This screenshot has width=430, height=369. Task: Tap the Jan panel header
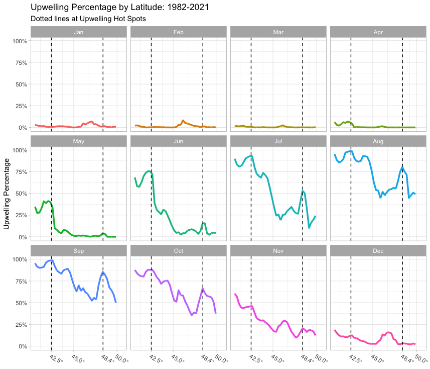pos(78,32)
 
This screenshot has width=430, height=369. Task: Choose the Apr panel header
pos(378,32)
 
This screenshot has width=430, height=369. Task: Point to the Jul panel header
pos(278,141)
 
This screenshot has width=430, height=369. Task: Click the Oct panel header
pos(178,250)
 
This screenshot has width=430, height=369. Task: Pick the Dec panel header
pos(378,250)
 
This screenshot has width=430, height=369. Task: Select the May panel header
pos(78,141)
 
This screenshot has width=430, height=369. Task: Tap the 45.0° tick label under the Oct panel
pos(177,357)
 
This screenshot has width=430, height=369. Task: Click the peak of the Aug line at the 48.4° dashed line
pos(402,167)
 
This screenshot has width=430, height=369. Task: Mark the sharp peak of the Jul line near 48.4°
pos(303,191)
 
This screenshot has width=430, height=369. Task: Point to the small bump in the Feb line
pos(183,121)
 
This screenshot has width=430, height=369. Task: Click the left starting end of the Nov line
pos(235,294)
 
